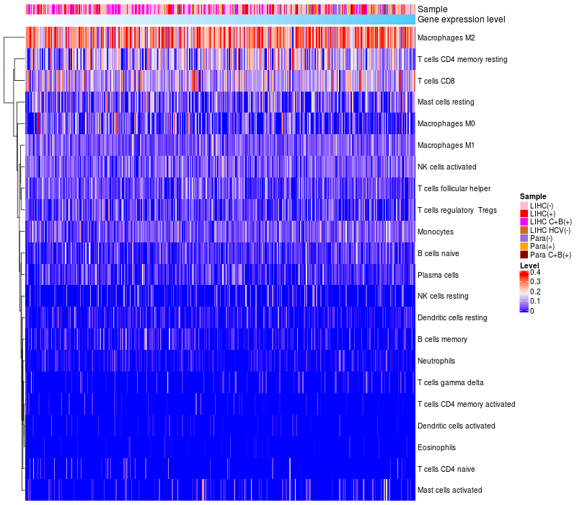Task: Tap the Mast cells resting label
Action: (x=444, y=102)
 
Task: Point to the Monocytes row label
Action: (x=436, y=232)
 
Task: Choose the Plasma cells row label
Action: (x=438, y=275)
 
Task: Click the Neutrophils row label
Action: (x=436, y=361)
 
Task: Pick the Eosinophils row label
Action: (x=436, y=447)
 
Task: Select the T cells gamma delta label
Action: (x=450, y=382)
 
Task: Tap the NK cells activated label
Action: (x=446, y=167)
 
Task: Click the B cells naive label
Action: (x=438, y=253)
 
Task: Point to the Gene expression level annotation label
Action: (x=461, y=19)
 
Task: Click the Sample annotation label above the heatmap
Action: (x=432, y=9)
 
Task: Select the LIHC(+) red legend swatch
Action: (x=524, y=214)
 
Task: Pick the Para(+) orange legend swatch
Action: (x=524, y=246)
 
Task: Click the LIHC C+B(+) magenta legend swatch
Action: (x=524, y=221)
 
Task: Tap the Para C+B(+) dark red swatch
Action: (x=524, y=255)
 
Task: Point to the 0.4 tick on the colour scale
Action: (x=535, y=273)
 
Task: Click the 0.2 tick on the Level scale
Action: (x=535, y=291)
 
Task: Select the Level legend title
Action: (x=529, y=265)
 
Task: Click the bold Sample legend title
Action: (x=532, y=196)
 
